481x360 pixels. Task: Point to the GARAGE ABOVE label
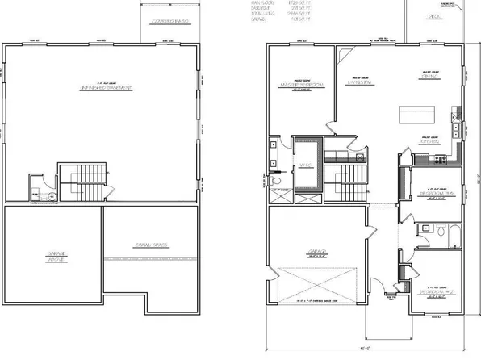pyautogui.click(x=54, y=256)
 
